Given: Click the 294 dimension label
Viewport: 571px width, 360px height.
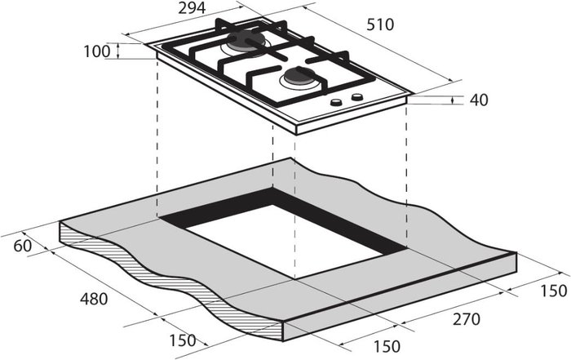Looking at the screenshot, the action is pyautogui.click(x=192, y=8).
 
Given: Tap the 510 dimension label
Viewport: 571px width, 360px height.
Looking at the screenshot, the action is pyautogui.click(x=380, y=24).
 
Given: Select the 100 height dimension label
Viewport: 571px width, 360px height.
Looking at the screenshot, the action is pyautogui.click(x=97, y=51).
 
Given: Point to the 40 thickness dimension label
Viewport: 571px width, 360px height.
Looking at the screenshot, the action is pyautogui.click(x=479, y=100).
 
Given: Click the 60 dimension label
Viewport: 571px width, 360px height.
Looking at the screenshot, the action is pyautogui.click(x=23, y=246).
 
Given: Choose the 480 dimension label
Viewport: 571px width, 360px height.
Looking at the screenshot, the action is pyautogui.click(x=94, y=299).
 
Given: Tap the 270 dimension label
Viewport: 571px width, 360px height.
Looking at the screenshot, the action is pyautogui.click(x=467, y=319).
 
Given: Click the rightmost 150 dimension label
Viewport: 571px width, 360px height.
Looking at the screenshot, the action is pyautogui.click(x=554, y=291).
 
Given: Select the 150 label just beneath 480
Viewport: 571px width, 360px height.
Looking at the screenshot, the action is pyautogui.click(x=183, y=340).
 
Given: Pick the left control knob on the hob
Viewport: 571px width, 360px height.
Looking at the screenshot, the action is pyautogui.click(x=336, y=102).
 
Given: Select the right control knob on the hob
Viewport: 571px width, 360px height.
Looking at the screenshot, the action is pyautogui.click(x=357, y=97).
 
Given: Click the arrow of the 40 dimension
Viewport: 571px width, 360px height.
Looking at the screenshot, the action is pyautogui.click(x=452, y=100).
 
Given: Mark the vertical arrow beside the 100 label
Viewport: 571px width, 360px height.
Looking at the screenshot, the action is pyautogui.click(x=118, y=51).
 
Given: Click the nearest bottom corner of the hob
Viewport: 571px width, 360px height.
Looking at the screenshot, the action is pyautogui.click(x=296, y=135).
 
